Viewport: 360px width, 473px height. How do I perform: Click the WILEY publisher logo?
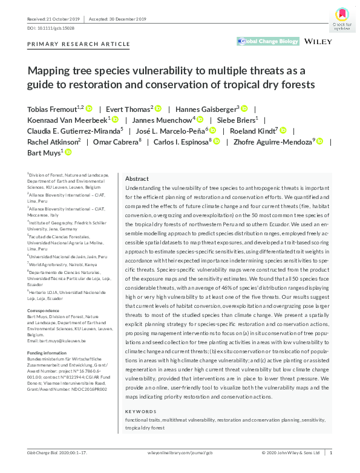[319, 41]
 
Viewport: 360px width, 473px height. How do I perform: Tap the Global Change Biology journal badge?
[269, 41]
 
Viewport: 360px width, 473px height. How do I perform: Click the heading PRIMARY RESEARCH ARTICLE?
[79, 44]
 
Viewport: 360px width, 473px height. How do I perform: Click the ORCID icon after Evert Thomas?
[159, 109]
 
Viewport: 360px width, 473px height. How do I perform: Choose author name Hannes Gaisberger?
[206, 109]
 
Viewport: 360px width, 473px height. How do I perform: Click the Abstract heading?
[137, 179]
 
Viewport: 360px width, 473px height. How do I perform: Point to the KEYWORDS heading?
[140, 394]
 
